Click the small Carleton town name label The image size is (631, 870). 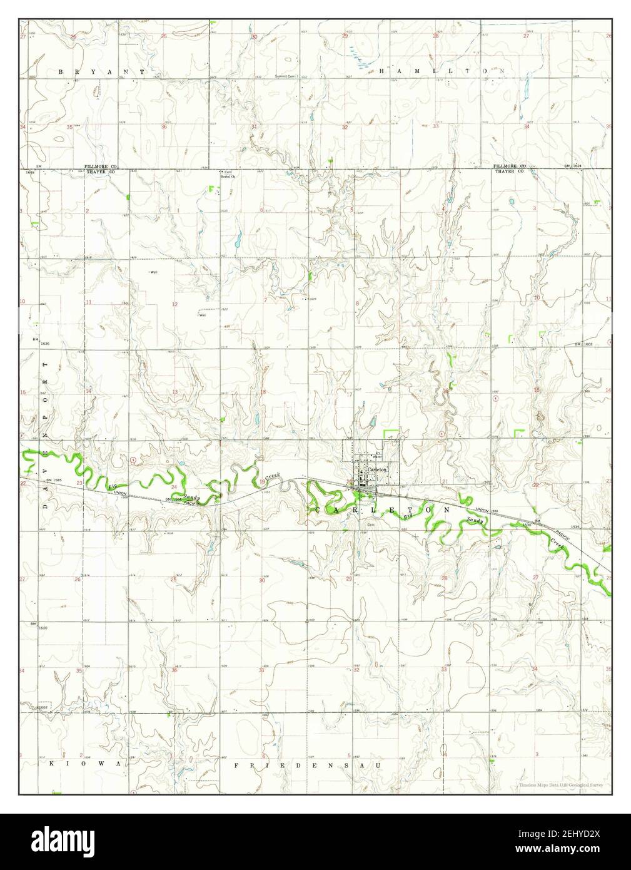(378, 469)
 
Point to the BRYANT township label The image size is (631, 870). (101, 72)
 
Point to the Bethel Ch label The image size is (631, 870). (227, 177)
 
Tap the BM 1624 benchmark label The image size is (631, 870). (572, 166)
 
